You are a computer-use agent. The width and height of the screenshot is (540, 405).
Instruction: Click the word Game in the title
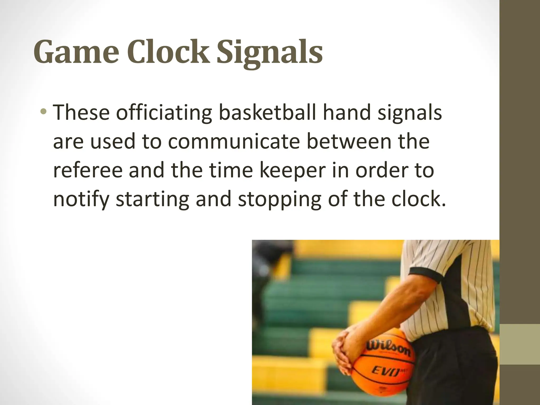point(76,52)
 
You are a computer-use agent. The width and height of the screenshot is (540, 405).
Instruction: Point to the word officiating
point(164,113)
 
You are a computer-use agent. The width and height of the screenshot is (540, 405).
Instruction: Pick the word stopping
point(279,200)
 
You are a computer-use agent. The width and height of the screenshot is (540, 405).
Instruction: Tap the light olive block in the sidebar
point(520,344)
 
